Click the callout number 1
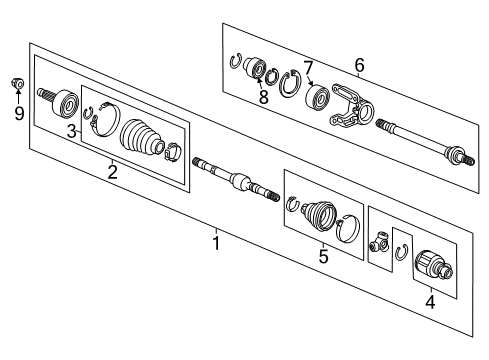coord(216,241)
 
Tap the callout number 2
coord(113,170)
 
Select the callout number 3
coord(72,132)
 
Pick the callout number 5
coord(323,256)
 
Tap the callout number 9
coord(18,113)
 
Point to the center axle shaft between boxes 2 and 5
coord(234,180)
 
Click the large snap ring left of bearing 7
coord(291,86)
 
